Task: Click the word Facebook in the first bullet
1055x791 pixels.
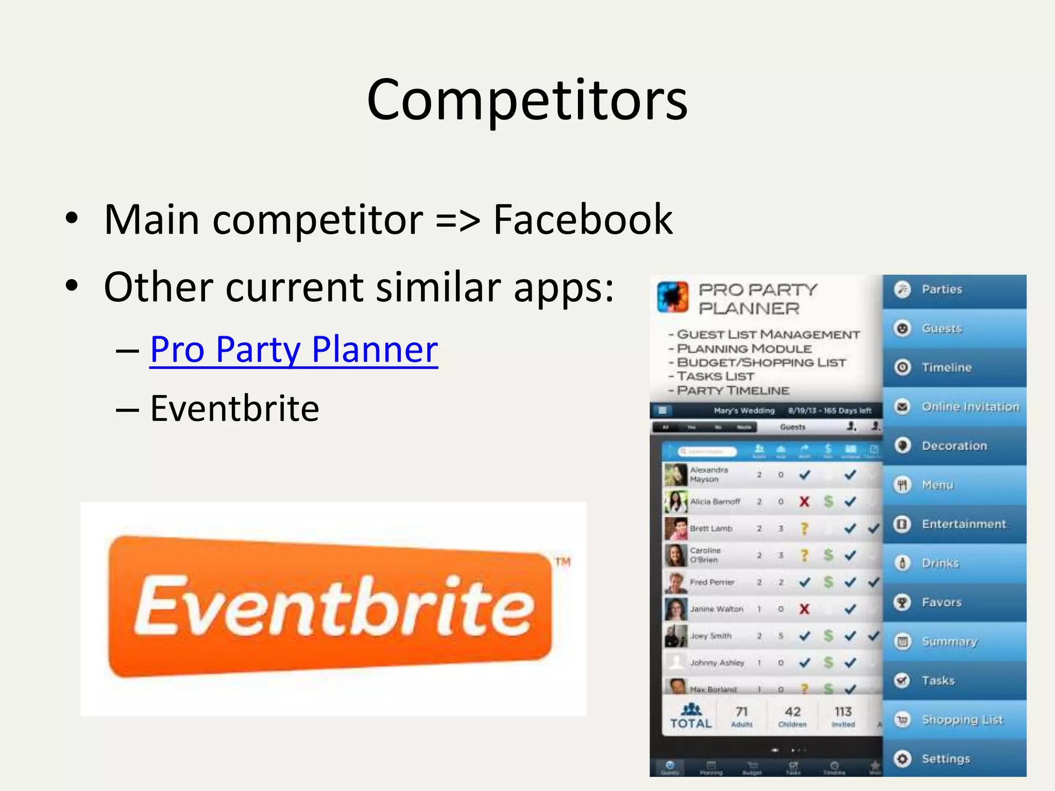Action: click(x=583, y=220)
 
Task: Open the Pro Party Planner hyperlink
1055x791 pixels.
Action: click(x=294, y=350)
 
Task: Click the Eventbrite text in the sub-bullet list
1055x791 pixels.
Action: click(x=234, y=408)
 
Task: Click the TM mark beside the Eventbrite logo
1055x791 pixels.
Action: click(x=563, y=561)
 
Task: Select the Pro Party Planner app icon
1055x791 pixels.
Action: click(x=673, y=297)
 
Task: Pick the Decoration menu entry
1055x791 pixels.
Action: click(x=954, y=446)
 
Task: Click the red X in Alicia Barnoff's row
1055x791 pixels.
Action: click(x=804, y=502)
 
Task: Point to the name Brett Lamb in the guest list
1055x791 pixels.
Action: click(x=711, y=528)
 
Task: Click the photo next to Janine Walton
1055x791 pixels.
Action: click(x=676, y=609)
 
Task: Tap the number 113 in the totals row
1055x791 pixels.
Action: click(x=843, y=712)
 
